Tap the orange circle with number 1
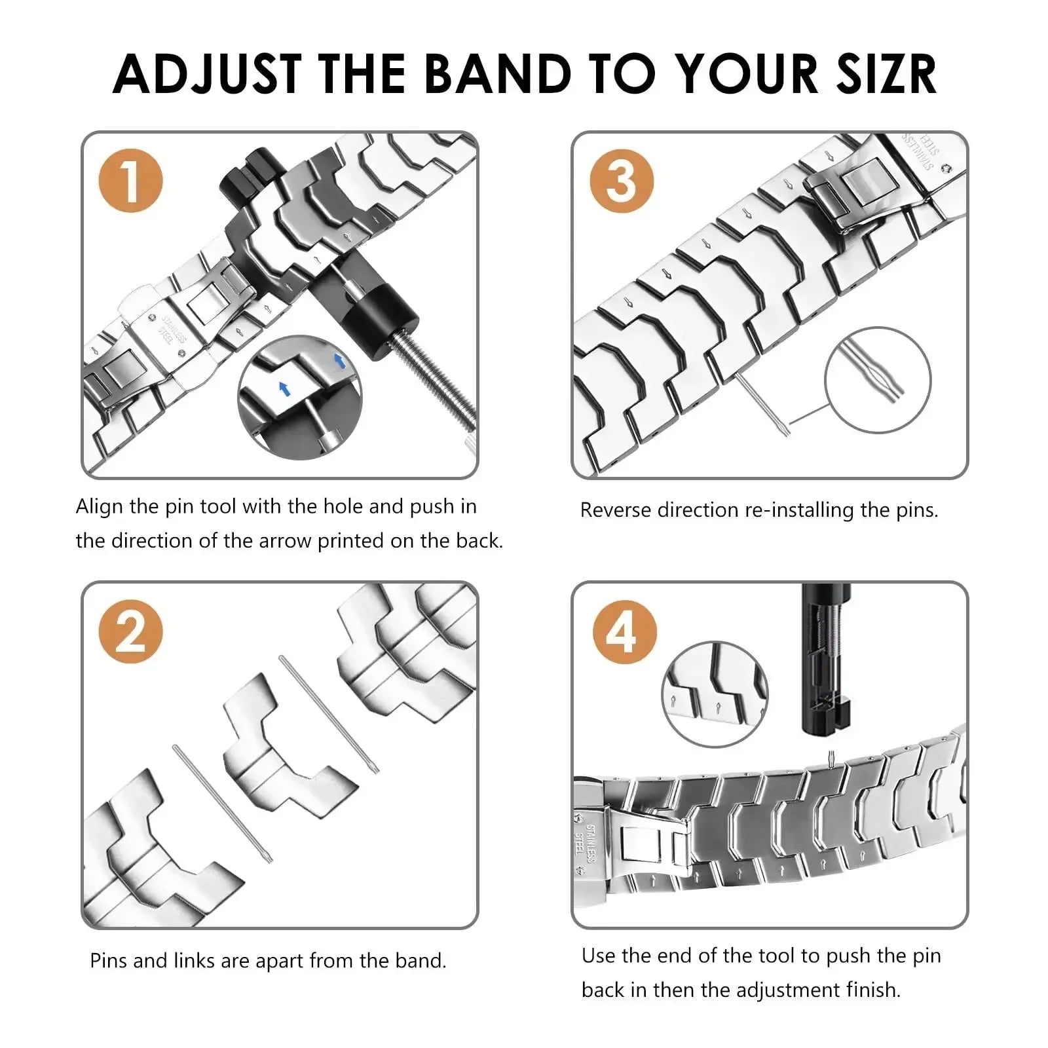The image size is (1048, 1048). click(x=130, y=181)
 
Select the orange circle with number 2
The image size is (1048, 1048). click(x=130, y=631)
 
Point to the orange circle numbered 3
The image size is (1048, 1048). click(x=621, y=181)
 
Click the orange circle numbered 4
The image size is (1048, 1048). click(x=624, y=631)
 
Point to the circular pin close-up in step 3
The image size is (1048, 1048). click(x=877, y=380)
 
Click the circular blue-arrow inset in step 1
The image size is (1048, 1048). click(x=299, y=396)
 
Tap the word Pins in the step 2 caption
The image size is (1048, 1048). click(x=109, y=961)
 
